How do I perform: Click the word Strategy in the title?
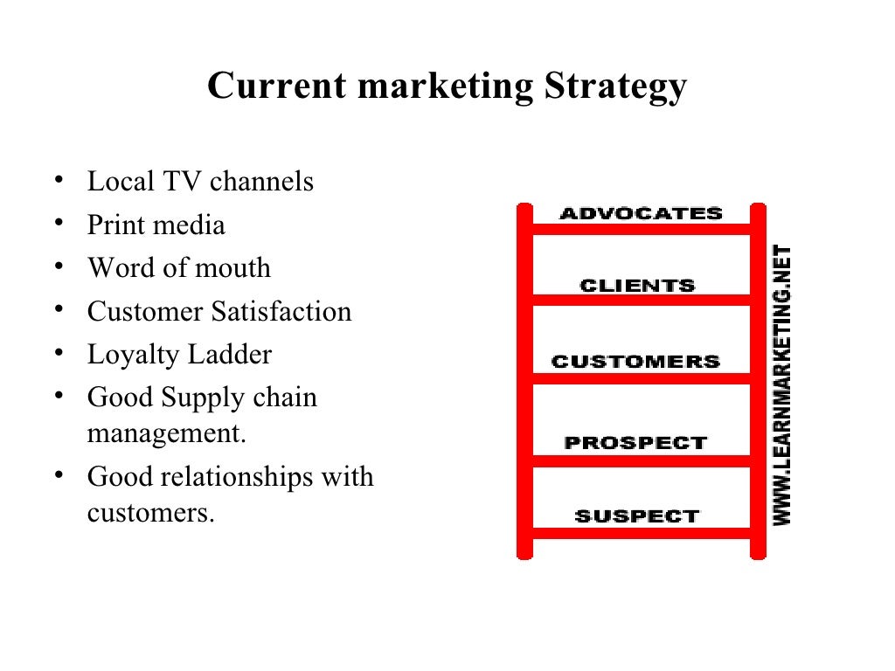click(614, 87)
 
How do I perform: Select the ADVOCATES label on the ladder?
click(641, 213)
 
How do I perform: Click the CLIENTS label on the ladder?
click(637, 286)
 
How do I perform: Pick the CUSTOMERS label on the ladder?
click(635, 362)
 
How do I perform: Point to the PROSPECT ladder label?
click(635, 442)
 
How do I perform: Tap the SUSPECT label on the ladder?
click(637, 516)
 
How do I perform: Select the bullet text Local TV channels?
click(200, 182)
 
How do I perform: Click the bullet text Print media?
click(156, 225)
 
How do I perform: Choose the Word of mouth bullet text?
click(179, 268)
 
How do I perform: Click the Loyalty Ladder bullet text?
click(179, 355)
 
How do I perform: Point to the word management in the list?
click(166, 433)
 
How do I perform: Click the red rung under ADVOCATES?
click(642, 229)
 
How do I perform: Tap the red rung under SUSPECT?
click(642, 532)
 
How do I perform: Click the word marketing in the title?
click(445, 87)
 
